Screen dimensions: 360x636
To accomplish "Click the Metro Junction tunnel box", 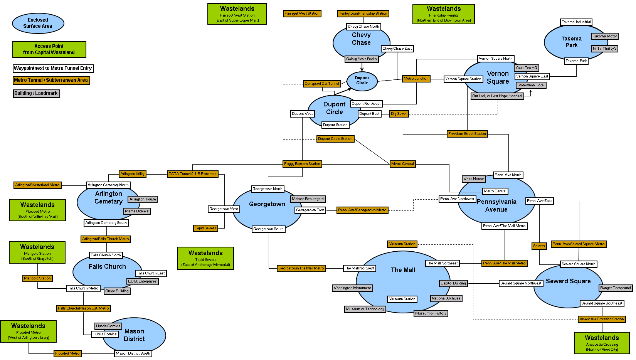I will (416, 79).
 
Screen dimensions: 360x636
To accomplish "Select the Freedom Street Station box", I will (467, 134).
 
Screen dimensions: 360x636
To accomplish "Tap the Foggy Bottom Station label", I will (302, 164).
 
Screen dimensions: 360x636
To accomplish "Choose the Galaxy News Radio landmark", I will (361, 59).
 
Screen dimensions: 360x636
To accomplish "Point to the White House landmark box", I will (473, 179).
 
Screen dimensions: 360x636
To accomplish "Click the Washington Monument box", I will (352, 288).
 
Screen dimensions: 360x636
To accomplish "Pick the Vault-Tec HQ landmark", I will (526, 68).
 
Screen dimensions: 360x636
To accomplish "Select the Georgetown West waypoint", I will (224, 209).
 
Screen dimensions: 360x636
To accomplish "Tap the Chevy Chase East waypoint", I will (397, 49).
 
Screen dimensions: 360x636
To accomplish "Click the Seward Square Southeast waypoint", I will (602, 303).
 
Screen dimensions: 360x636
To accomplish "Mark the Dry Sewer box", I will (399, 114).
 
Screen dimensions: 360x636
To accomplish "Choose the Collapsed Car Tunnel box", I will (322, 84).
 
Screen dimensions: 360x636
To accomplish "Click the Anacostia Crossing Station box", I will (601, 319).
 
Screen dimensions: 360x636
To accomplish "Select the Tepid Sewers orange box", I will (205, 228).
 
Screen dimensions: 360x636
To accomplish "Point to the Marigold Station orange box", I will (37, 278).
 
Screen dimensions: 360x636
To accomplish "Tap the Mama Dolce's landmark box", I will (136, 211).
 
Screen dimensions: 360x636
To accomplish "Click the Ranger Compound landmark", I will (615, 288).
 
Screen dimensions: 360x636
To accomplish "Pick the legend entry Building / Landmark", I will (36, 93).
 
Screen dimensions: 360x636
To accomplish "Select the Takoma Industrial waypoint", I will (576, 22).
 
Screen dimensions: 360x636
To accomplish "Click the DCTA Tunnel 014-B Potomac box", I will (192, 174).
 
